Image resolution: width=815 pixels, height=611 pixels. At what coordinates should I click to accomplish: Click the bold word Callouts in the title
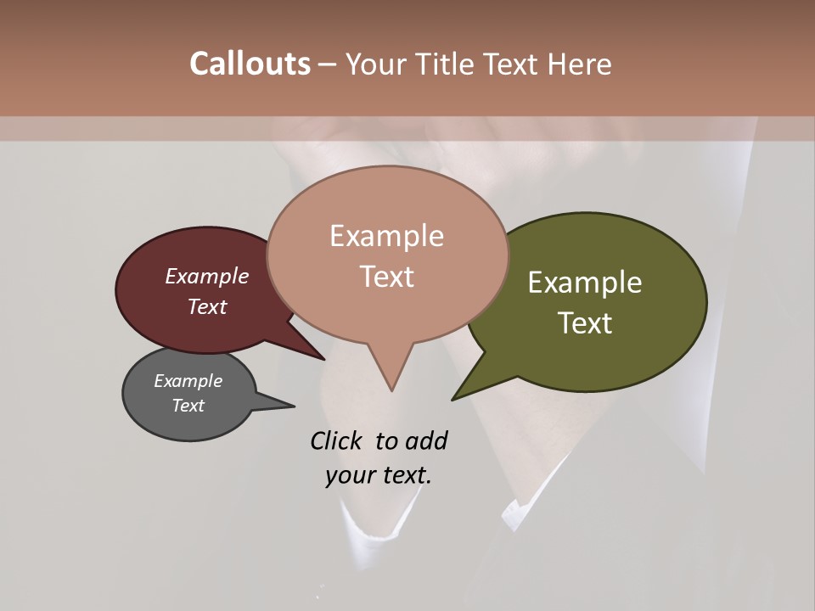(x=250, y=64)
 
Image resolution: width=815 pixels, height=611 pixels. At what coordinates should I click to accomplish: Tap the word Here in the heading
(x=579, y=64)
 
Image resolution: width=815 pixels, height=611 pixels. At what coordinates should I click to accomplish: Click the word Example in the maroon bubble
(x=207, y=277)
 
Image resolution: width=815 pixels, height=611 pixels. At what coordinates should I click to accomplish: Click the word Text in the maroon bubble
(x=207, y=306)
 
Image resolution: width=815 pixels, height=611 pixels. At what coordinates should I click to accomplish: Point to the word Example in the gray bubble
(x=188, y=381)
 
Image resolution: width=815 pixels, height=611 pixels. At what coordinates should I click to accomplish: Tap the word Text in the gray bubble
(x=188, y=406)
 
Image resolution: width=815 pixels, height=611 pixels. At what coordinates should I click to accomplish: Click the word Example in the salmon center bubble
(x=386, y=236)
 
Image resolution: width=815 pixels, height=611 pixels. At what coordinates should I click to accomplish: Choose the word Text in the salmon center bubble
(x=386, y=277)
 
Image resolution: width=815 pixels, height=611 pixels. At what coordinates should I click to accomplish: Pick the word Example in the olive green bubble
(x=585, y=283)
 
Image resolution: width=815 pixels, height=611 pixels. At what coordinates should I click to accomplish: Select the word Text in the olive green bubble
(x=585, y=323)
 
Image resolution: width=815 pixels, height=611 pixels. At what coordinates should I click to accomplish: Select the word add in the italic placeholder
(x=426, y=441)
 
